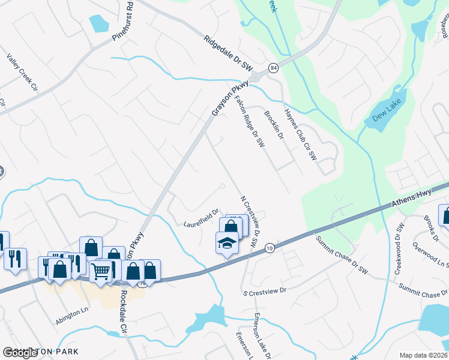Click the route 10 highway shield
click(270, 247)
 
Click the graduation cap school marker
click(226, 243)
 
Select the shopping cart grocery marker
click(101, 271)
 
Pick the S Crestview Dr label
click(265, 290)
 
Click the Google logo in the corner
click(20, 353)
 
